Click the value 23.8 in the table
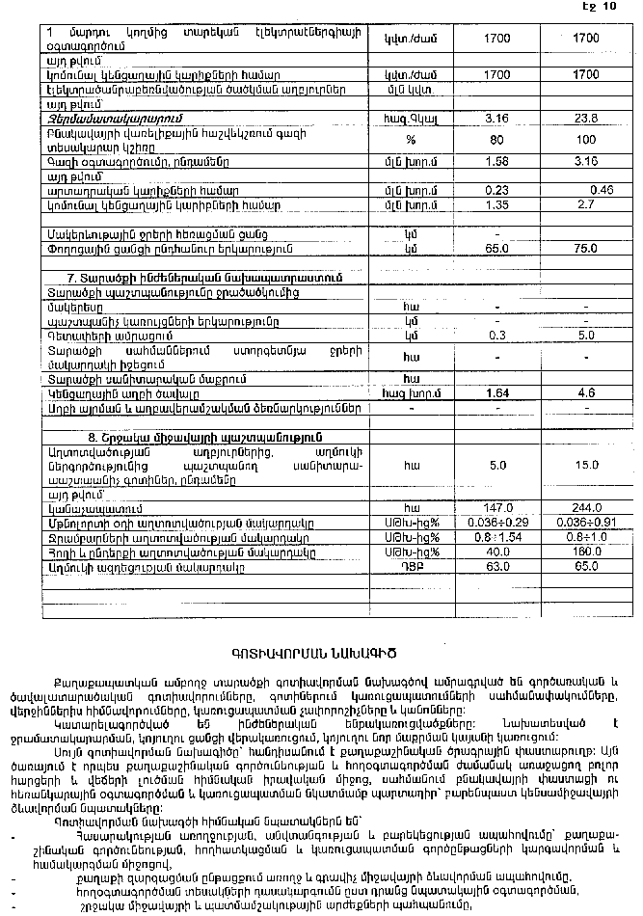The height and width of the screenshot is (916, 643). click(x=585, y=119)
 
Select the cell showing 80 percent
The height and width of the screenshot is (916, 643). click(x=497, y=139)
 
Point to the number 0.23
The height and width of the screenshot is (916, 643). click(x=497, y=190)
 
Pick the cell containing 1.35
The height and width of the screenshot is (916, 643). click(x=497, y=204)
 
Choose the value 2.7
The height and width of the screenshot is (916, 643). click(x=585, y=204)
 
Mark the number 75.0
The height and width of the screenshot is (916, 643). click(x=585, y=247)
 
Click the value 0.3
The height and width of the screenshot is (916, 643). click(x=497, y=335)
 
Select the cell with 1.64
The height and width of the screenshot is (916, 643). click(x=497, y=392)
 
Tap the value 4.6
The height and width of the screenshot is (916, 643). click(x=585, y=392)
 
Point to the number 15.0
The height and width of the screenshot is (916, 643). click(x=585, y=465)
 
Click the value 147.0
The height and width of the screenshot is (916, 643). click(x=497, y=507)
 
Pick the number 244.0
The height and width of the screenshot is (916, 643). click(x=585, y=507)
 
